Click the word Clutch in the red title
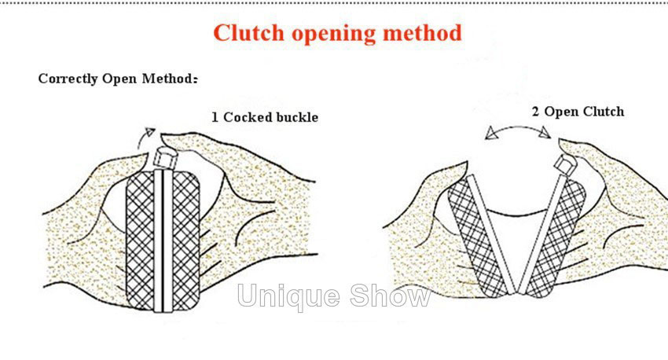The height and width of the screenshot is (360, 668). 249,34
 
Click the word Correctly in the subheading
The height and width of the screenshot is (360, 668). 68,79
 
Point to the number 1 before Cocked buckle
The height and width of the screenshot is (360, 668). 215,117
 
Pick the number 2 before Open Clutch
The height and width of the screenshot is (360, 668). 536,112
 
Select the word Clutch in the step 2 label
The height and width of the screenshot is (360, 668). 604,112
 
